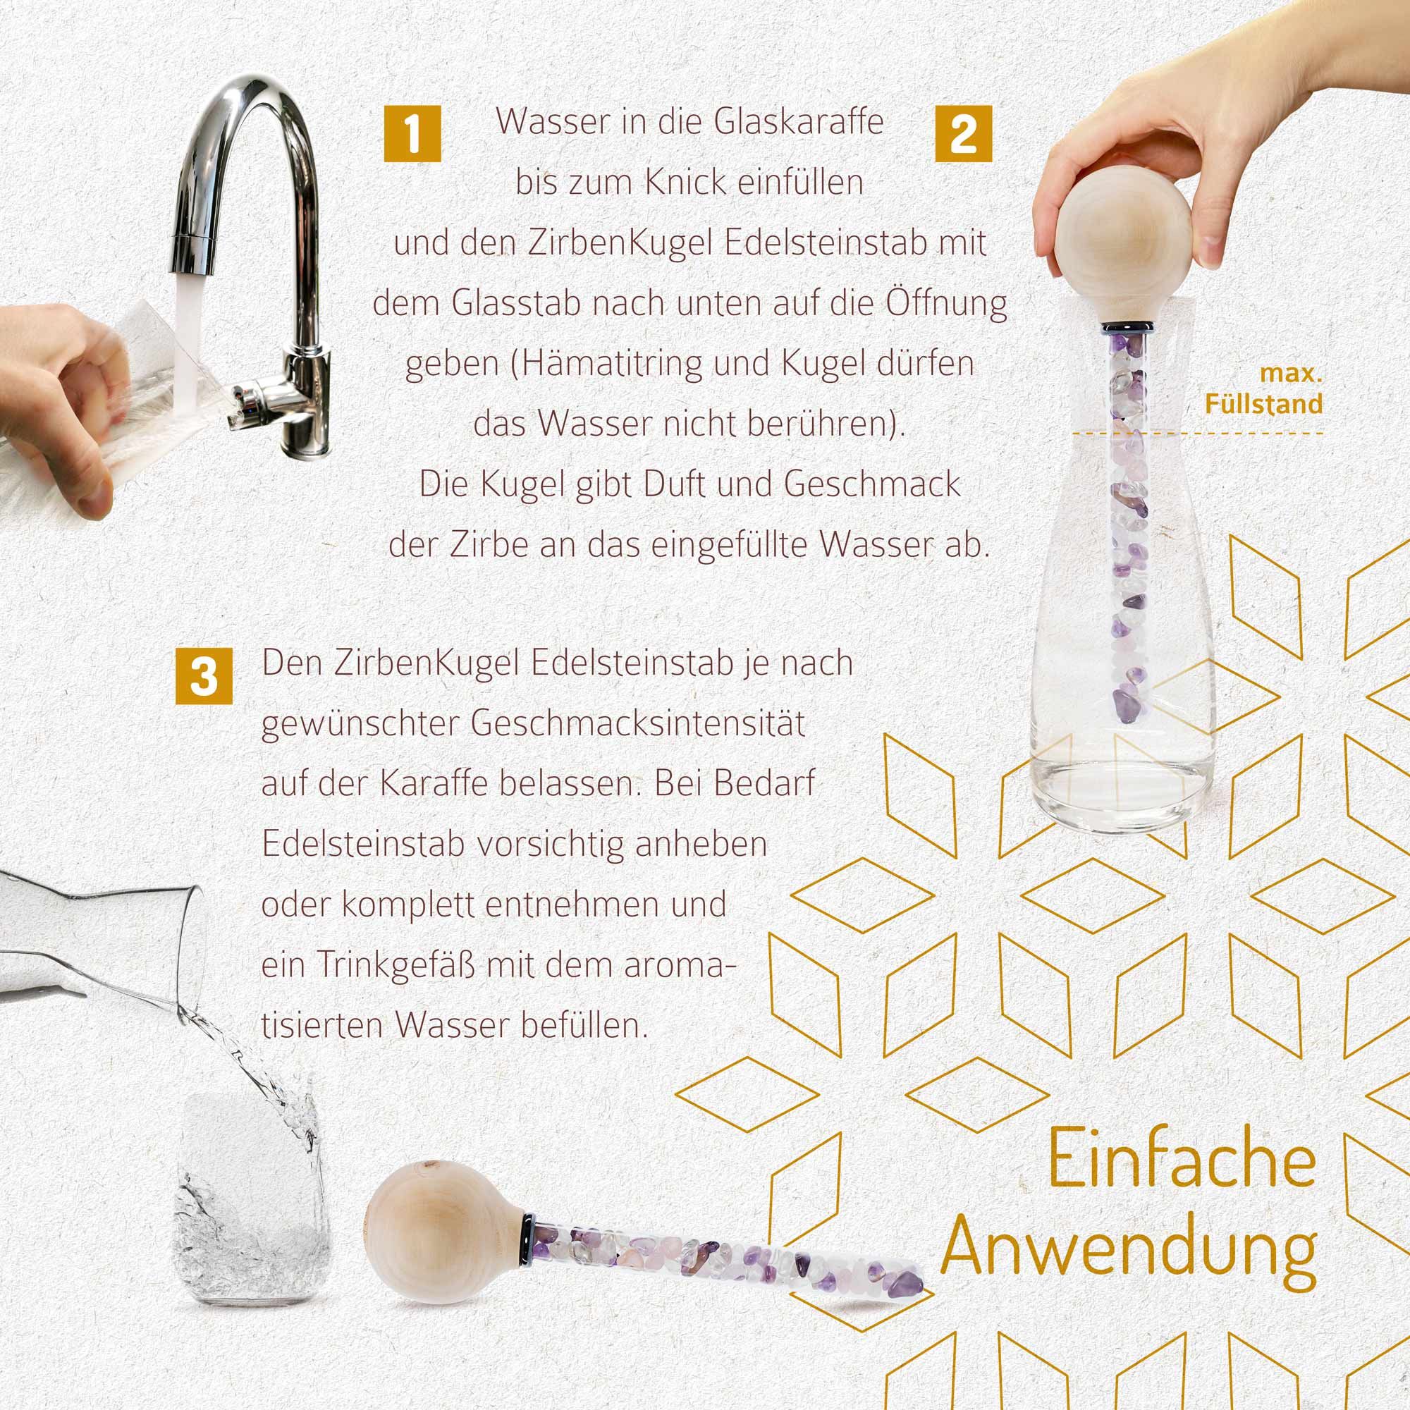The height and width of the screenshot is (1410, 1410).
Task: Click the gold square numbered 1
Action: pos(412,133)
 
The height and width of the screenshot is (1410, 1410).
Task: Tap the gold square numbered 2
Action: pos(963,133)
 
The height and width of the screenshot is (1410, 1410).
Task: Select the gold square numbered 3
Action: pos(204,676)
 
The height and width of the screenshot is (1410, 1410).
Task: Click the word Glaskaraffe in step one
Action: pos(799,122)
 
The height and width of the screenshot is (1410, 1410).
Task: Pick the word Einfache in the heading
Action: pos(1182,1161)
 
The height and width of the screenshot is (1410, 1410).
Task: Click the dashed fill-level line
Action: pos(1197,434)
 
